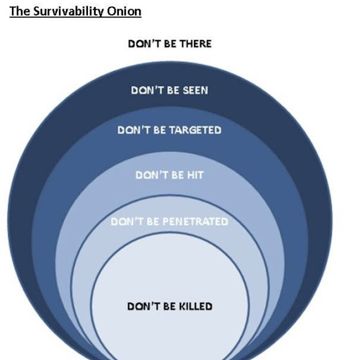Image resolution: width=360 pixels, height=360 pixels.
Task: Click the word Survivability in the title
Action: tap(69, 12)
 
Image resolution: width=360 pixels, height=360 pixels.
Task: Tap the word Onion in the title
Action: tap(124, 11)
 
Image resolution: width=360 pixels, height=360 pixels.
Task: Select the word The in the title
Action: tap(20, 11)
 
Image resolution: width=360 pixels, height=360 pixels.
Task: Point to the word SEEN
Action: tap(195, 90)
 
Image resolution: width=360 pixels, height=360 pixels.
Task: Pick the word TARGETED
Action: tap(195, 130)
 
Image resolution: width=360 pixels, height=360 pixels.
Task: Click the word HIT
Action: tap(195, 175)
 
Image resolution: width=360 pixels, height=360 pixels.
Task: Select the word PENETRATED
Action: tap(195, 221)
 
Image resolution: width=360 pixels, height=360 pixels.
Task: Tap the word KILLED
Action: tap(195, 307)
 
